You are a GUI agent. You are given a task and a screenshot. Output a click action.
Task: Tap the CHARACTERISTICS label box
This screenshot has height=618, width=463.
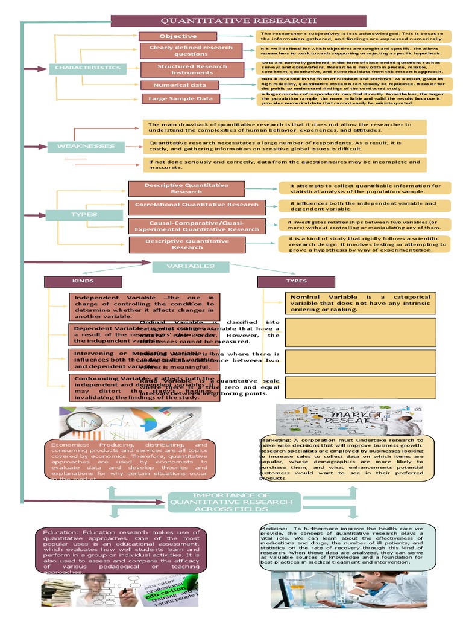87,68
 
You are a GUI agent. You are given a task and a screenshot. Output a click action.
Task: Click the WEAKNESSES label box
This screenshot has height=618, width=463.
86,146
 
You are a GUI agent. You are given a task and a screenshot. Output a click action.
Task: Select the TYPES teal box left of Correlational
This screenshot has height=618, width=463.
84,214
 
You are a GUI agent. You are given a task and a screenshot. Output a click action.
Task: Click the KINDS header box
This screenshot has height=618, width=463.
83,281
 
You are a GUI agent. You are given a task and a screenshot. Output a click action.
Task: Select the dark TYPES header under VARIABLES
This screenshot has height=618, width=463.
296,281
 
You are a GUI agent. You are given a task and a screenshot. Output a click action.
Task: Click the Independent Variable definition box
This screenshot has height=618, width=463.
144,307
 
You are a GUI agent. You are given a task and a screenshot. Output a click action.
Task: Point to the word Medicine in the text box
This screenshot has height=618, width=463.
274,529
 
